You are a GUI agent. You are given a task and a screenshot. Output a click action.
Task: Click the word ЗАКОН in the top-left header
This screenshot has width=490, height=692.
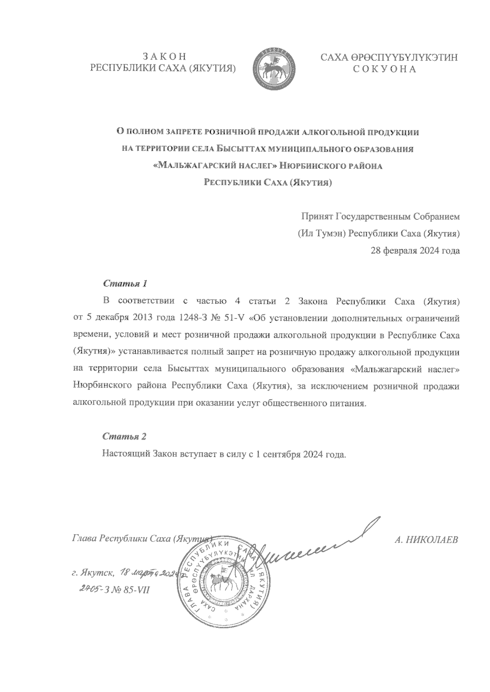pyautogui.click(x=163, y=57)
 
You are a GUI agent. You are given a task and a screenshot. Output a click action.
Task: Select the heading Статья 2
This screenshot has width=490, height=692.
pyautogui.click(x=124, y=436)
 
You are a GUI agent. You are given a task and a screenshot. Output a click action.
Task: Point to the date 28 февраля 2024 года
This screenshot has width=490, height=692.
pyautogui.click(x=415, y=251)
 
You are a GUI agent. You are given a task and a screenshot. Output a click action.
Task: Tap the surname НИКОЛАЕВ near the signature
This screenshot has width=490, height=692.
pyautogui.click(x=432, y=540)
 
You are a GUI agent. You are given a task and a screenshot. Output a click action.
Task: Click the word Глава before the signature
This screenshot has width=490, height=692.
pyautogui.click(x=84, y=538)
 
